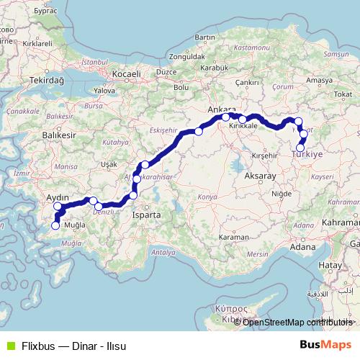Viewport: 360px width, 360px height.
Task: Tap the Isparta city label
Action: coord(147,215)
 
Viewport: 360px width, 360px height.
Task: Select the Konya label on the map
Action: coord(207,196)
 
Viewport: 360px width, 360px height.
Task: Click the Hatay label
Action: coord(331,265)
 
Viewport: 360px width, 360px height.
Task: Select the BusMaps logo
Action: coord(330,343)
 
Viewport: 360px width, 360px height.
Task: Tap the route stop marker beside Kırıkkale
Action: coord(243,120)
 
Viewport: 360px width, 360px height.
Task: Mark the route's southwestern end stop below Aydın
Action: coord(55,226)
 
